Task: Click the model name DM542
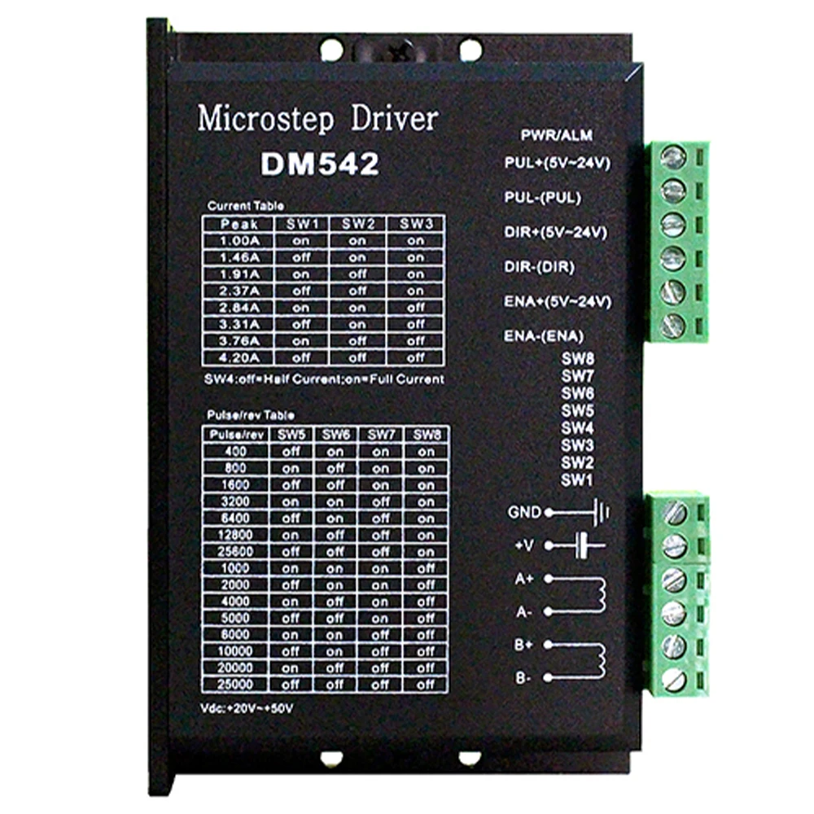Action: pos(320,164)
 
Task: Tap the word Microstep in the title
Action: pos(265,119)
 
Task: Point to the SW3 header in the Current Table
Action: pos(415,223)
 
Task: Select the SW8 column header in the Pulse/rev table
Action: pos(425,434)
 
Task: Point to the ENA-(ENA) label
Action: pos(545,335)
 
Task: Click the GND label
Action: pos(524,512)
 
